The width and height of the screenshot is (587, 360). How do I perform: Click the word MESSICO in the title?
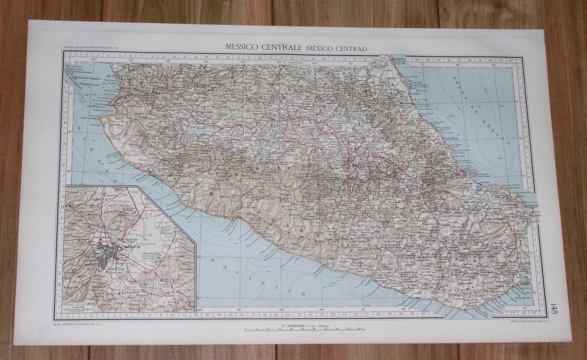click(x=245, y=46)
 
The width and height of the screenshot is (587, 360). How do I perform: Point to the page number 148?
click(x=553, y=308)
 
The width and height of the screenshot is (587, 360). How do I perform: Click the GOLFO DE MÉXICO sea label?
click(x=483, y=116)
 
